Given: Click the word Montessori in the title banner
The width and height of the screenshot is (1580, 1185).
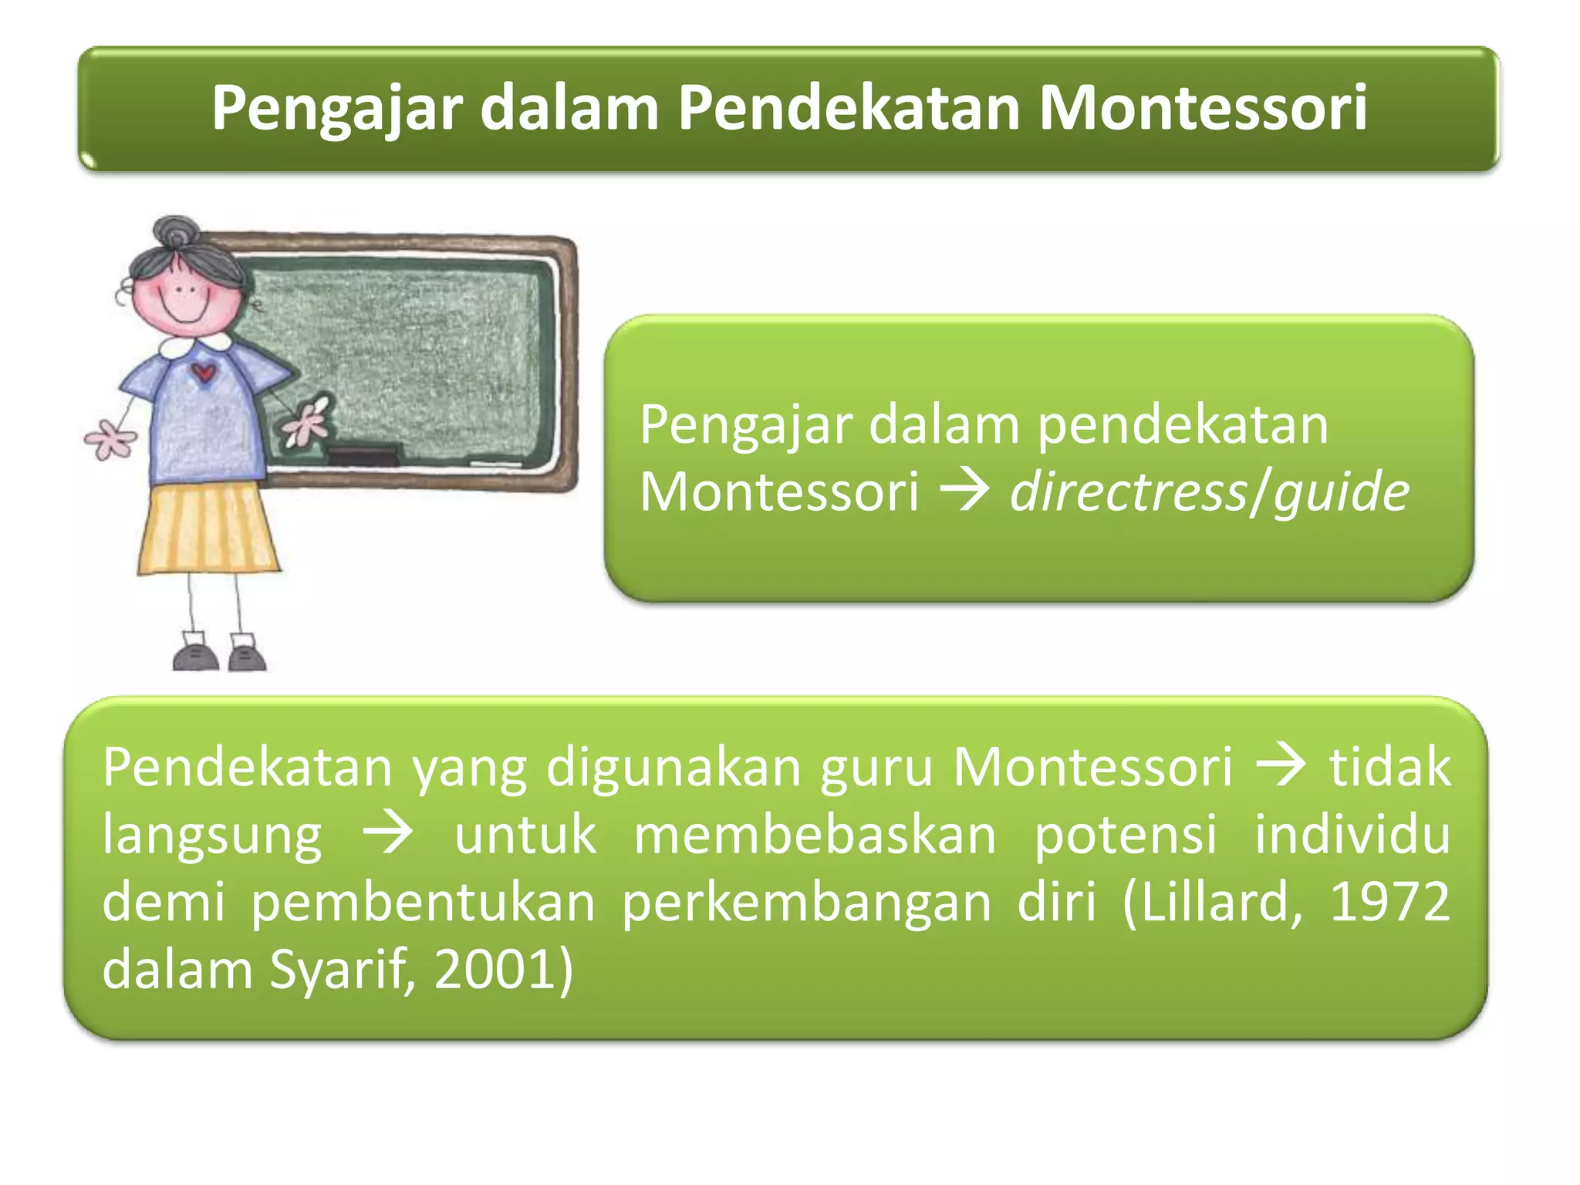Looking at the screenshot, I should point(1202,108).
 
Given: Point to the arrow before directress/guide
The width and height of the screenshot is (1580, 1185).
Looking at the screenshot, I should point(964,491).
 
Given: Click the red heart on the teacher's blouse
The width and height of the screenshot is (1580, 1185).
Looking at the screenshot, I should point(204,373).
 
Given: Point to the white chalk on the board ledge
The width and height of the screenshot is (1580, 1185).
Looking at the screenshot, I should point(495,464).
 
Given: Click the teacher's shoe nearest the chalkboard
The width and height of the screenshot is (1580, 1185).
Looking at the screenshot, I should point(247,654).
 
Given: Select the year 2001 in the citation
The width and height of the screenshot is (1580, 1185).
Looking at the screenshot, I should point(494,970).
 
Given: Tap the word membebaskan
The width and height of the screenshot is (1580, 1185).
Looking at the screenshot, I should point(815,835).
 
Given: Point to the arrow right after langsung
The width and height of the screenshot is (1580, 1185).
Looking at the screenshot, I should point(388,835).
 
